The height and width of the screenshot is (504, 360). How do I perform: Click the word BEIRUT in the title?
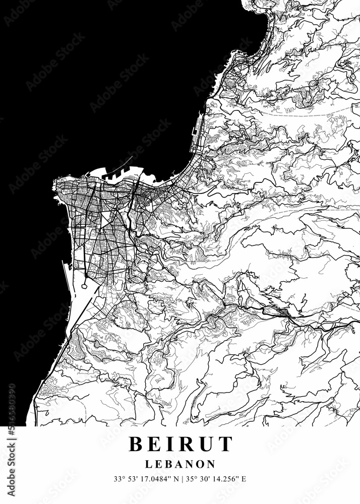click(181, 444)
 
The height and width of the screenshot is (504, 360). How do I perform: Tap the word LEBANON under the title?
click(180, 464)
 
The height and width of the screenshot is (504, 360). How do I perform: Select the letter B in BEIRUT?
click(136, 444)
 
